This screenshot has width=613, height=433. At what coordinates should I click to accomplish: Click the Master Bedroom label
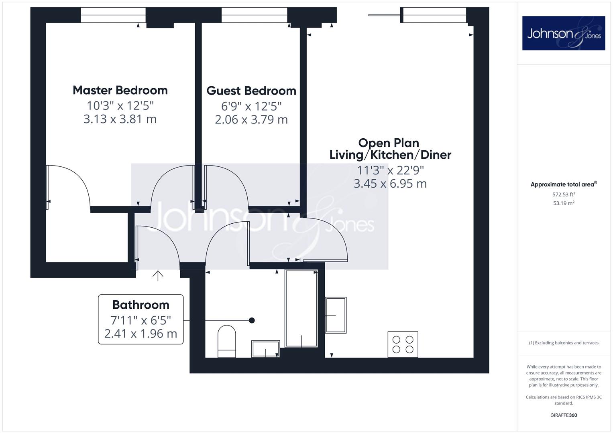point(120,90)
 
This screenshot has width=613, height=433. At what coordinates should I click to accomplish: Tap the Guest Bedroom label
point(251,91)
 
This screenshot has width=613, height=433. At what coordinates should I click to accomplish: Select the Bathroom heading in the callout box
point(141,305)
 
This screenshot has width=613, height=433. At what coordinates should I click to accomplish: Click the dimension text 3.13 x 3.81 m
point(120,119)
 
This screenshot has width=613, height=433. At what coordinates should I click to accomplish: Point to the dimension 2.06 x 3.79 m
point(251,120)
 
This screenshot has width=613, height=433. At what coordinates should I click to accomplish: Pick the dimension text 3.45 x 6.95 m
point(390,184)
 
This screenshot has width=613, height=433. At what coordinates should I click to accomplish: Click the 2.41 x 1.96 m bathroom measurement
point(141,334)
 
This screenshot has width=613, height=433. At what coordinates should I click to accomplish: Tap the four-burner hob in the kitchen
point(403,344)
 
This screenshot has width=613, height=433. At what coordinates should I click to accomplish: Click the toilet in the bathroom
point(226,341)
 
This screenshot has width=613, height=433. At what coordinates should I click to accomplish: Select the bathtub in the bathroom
point(301,309)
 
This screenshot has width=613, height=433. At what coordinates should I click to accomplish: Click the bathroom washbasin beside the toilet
point(265,348)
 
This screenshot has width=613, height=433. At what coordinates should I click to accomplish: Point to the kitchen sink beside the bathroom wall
point(336,315)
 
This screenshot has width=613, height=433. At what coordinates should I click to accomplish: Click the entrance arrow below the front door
point(158,276)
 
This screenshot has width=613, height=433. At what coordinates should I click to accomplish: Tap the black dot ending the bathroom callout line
point(252,320)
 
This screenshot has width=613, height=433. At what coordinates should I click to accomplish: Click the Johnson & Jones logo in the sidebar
point(564,33)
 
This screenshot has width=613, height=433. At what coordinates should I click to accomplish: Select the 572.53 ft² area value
point(564,194)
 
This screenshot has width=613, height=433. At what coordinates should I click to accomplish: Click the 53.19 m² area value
point(564,203)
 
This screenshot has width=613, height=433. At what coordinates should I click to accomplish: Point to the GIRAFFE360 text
point(564,415)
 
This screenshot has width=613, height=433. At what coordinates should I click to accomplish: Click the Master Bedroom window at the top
point(113,15)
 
